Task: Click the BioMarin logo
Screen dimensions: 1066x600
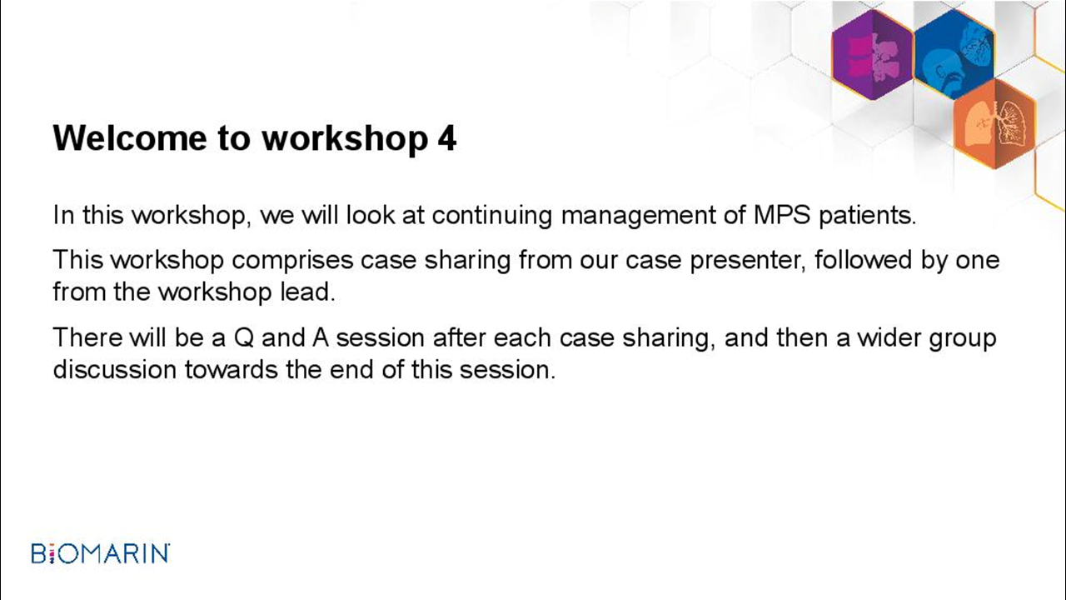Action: point(101,553)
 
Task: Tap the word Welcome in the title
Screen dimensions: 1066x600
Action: point(130,138)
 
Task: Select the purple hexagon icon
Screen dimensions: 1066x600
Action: point(872,55)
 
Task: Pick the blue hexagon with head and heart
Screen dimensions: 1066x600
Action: point(954,54)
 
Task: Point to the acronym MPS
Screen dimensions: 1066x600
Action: point(782,215)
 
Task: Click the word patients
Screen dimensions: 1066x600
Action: point(867,215)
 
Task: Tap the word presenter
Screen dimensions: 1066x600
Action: point(748,261)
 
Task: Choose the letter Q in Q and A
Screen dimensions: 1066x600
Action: point(244,338)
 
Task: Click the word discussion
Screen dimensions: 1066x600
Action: point(115,369)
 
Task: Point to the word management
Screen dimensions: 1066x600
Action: point(638,216)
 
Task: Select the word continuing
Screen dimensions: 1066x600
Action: point(492,216)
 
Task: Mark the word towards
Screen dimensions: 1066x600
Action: point(232,370)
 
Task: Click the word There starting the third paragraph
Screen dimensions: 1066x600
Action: point(87,337)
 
